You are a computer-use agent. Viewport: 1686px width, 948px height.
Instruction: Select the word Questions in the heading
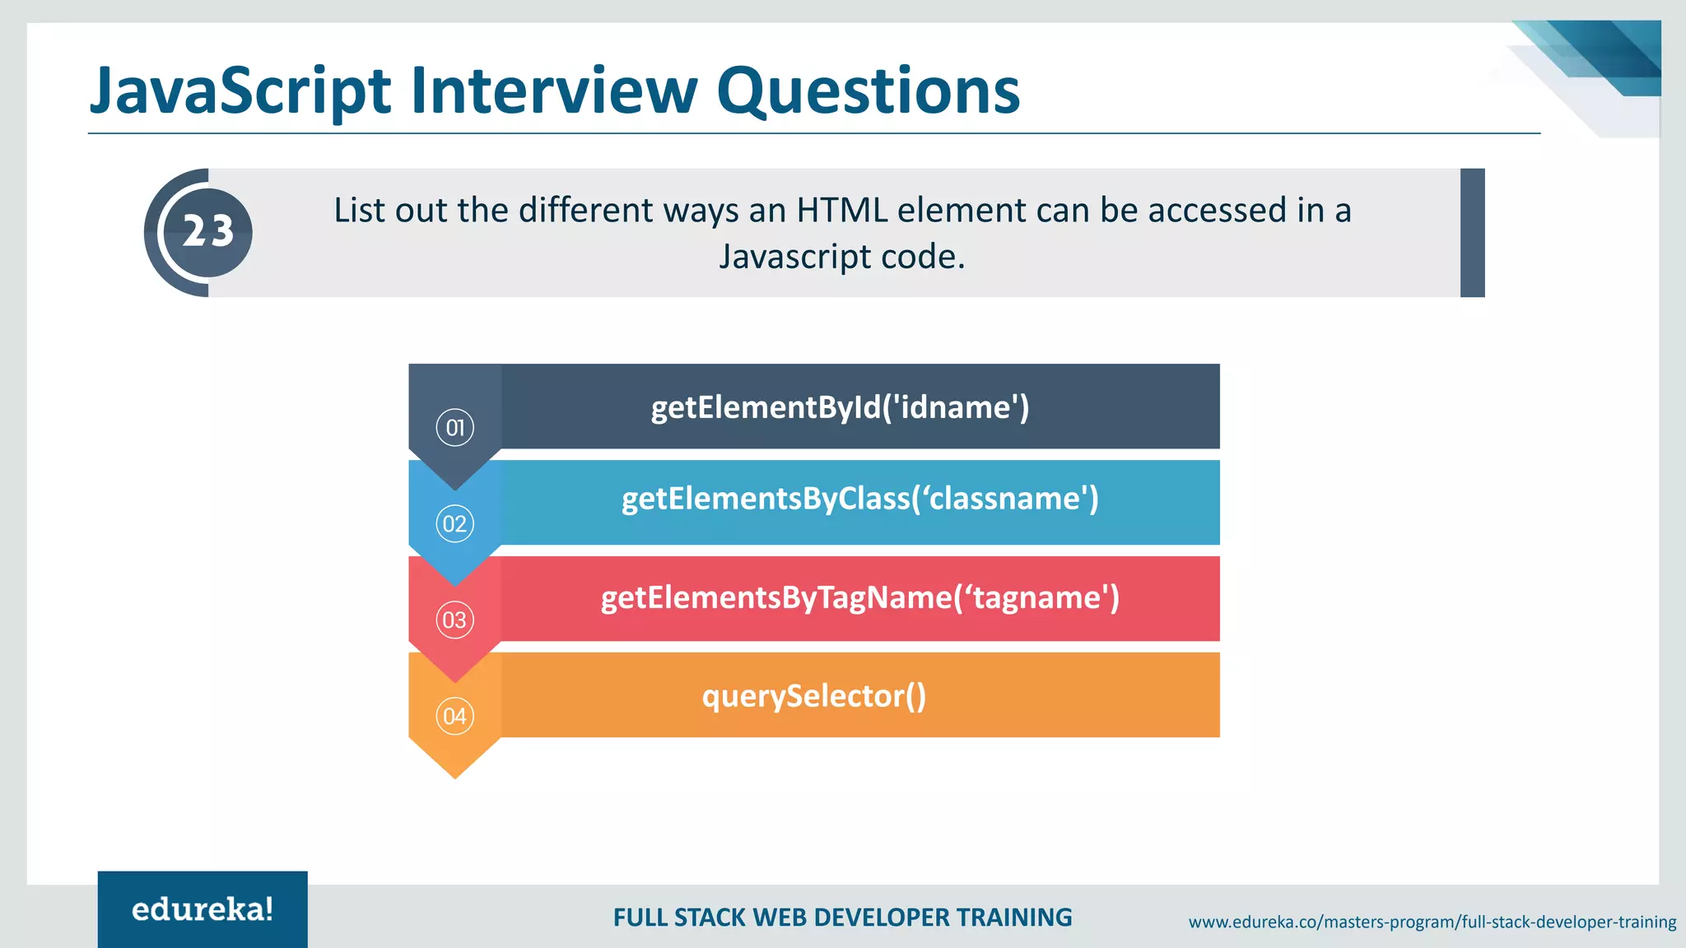coord(868,91)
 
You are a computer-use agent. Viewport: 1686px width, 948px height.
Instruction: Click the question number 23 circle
coord(207,232)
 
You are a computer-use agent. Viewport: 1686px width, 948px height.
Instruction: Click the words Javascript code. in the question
coord(841,257)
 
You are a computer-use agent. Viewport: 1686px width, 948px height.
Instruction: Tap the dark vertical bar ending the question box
coord(1472,233)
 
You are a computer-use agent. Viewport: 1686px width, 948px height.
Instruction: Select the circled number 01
coord(454,428)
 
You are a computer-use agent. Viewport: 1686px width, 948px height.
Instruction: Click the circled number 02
coord(454,524)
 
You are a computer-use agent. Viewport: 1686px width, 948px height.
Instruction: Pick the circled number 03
coord(454,620)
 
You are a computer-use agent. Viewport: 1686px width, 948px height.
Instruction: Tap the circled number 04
coord(454,717)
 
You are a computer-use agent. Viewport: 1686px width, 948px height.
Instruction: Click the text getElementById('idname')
coord(840,407)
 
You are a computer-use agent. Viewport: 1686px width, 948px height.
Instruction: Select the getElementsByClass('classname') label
coord(859,499)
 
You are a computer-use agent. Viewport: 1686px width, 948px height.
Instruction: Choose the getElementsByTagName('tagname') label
coord(859,597)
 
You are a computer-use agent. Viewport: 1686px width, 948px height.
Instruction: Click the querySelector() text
coord(813,696)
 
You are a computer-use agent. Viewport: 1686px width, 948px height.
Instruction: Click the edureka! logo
coord(203,909)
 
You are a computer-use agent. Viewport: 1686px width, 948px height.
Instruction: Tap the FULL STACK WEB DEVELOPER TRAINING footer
coord(842,918)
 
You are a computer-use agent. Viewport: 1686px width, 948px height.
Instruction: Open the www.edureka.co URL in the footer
coord(1432,922)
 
